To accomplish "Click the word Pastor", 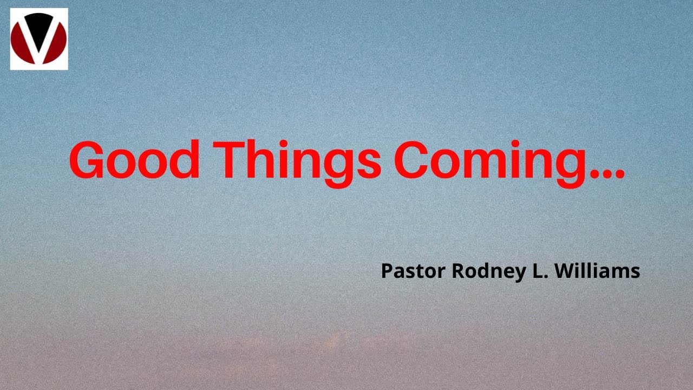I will [414, 271].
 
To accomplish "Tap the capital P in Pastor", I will [387, 271].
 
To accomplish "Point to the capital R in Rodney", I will [458, 271].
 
